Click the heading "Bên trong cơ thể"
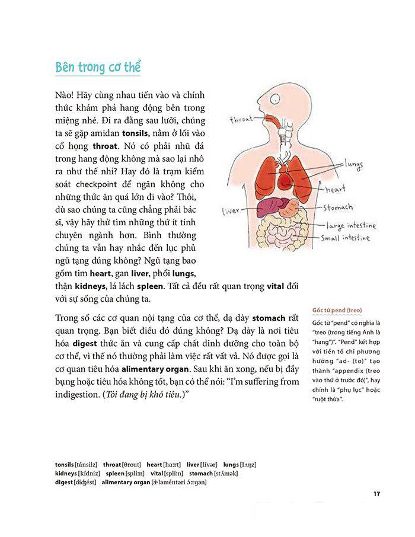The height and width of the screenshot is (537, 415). click(x=98, y=66)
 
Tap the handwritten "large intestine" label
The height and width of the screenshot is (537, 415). click(x=356, y=225)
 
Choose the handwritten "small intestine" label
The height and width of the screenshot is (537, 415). click(x=354, y=238)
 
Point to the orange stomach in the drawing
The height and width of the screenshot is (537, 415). click(x=290, y=207)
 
